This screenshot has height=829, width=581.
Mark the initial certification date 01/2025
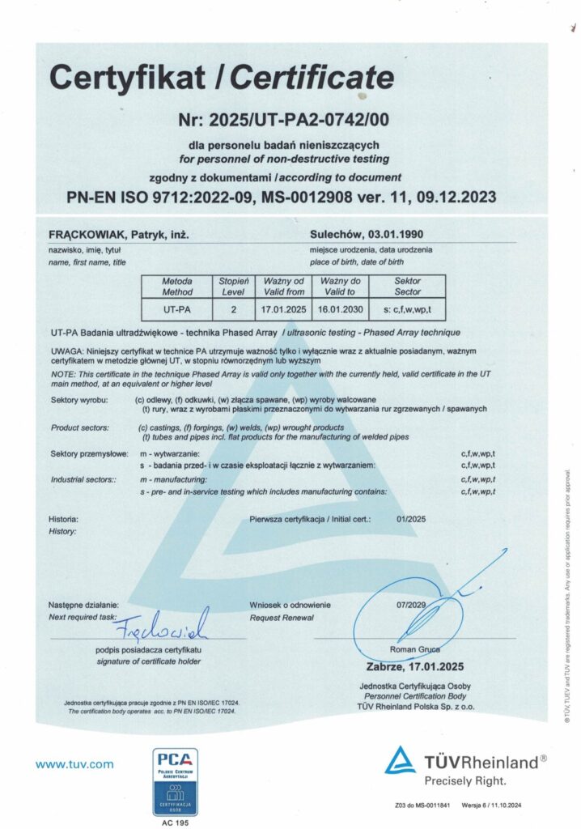411,519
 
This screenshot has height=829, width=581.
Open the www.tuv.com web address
74,763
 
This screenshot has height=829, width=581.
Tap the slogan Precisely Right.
465,782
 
